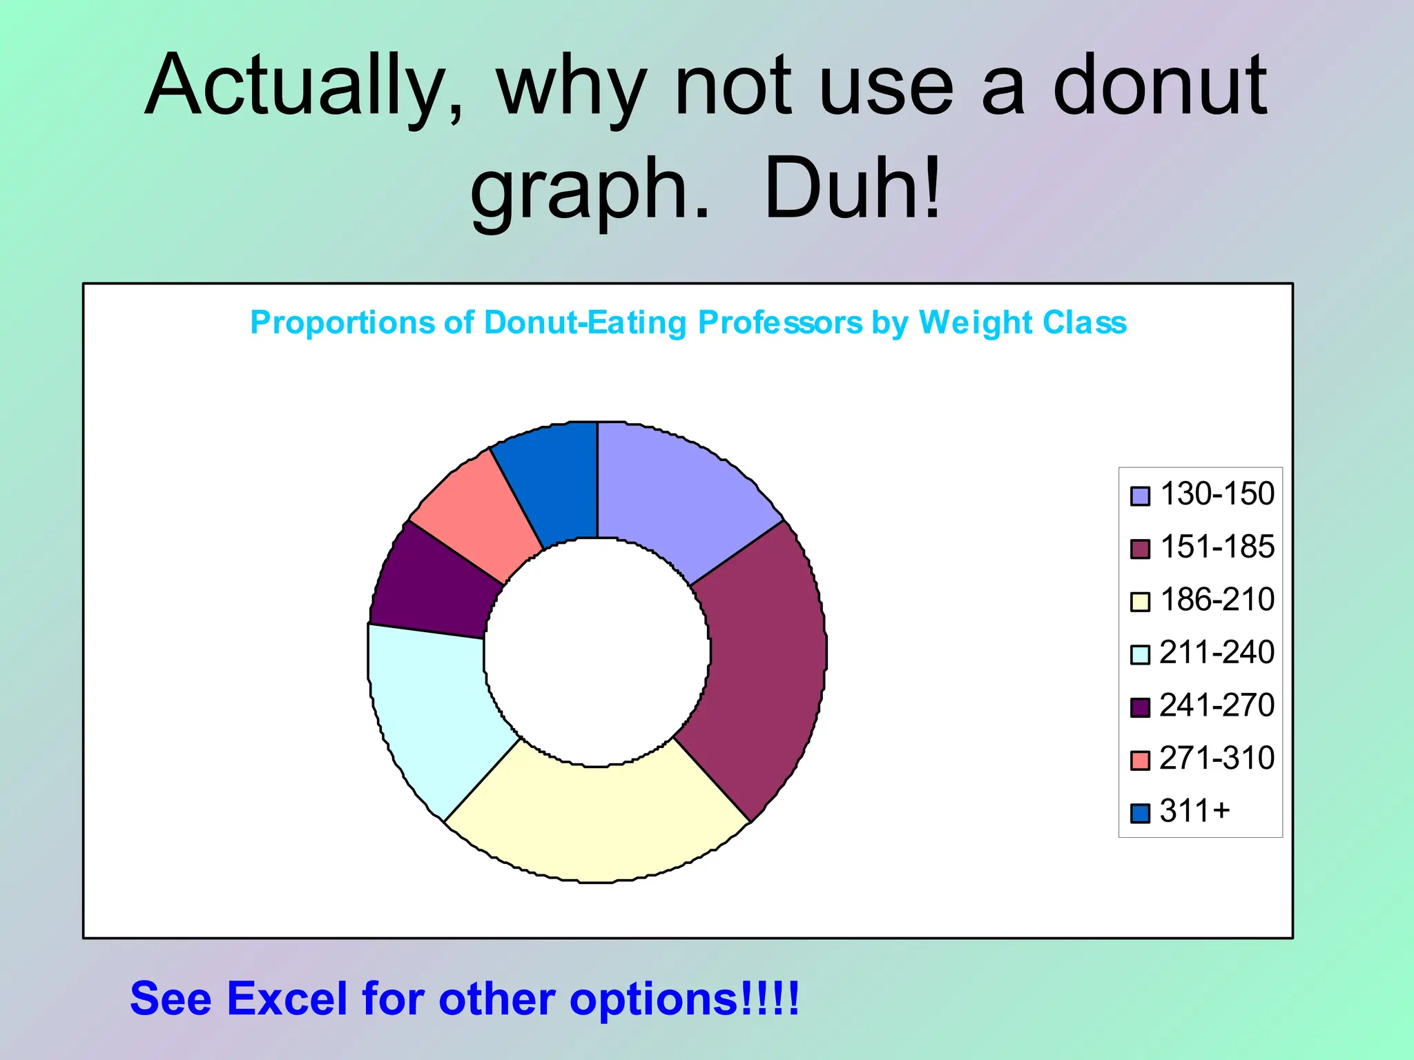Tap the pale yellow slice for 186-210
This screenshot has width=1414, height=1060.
coord(597,821)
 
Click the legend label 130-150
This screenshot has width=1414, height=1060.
coord(1217,494)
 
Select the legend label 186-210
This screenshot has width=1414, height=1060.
coord(1217,600)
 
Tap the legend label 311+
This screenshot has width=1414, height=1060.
coord(1194,811)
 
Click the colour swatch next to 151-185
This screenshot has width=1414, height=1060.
coord(1140,549)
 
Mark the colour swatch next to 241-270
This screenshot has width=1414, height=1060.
coord(1140,707)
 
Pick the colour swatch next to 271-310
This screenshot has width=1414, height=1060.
coord(1140,760)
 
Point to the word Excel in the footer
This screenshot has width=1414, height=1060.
coord(287,999)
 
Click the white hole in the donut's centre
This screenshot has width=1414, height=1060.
coord(597,652)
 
